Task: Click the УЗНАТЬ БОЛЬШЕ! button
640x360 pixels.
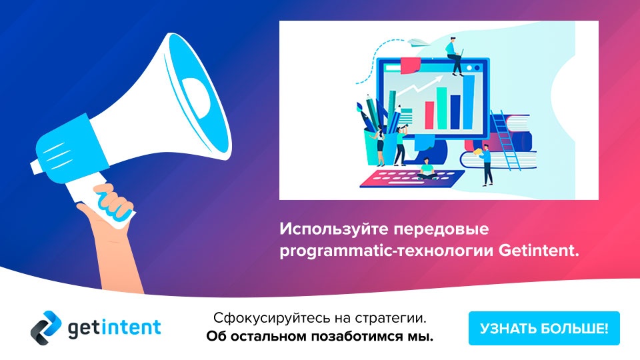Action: point(544,328)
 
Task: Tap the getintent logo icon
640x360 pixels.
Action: point(46,328)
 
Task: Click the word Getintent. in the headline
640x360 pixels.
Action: point(539,250)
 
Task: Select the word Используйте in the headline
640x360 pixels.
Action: point(333,229)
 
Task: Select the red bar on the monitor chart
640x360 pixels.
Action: point(429,115)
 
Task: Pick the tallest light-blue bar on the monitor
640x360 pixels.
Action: point(469,103)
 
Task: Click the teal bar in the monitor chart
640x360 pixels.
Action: point(442,108)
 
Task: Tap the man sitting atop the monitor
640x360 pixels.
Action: point(454,56)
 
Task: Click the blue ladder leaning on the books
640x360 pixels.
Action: point(505,141)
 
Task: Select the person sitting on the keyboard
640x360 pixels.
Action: point(427,169)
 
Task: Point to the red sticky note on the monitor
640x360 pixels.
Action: point(410,65)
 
